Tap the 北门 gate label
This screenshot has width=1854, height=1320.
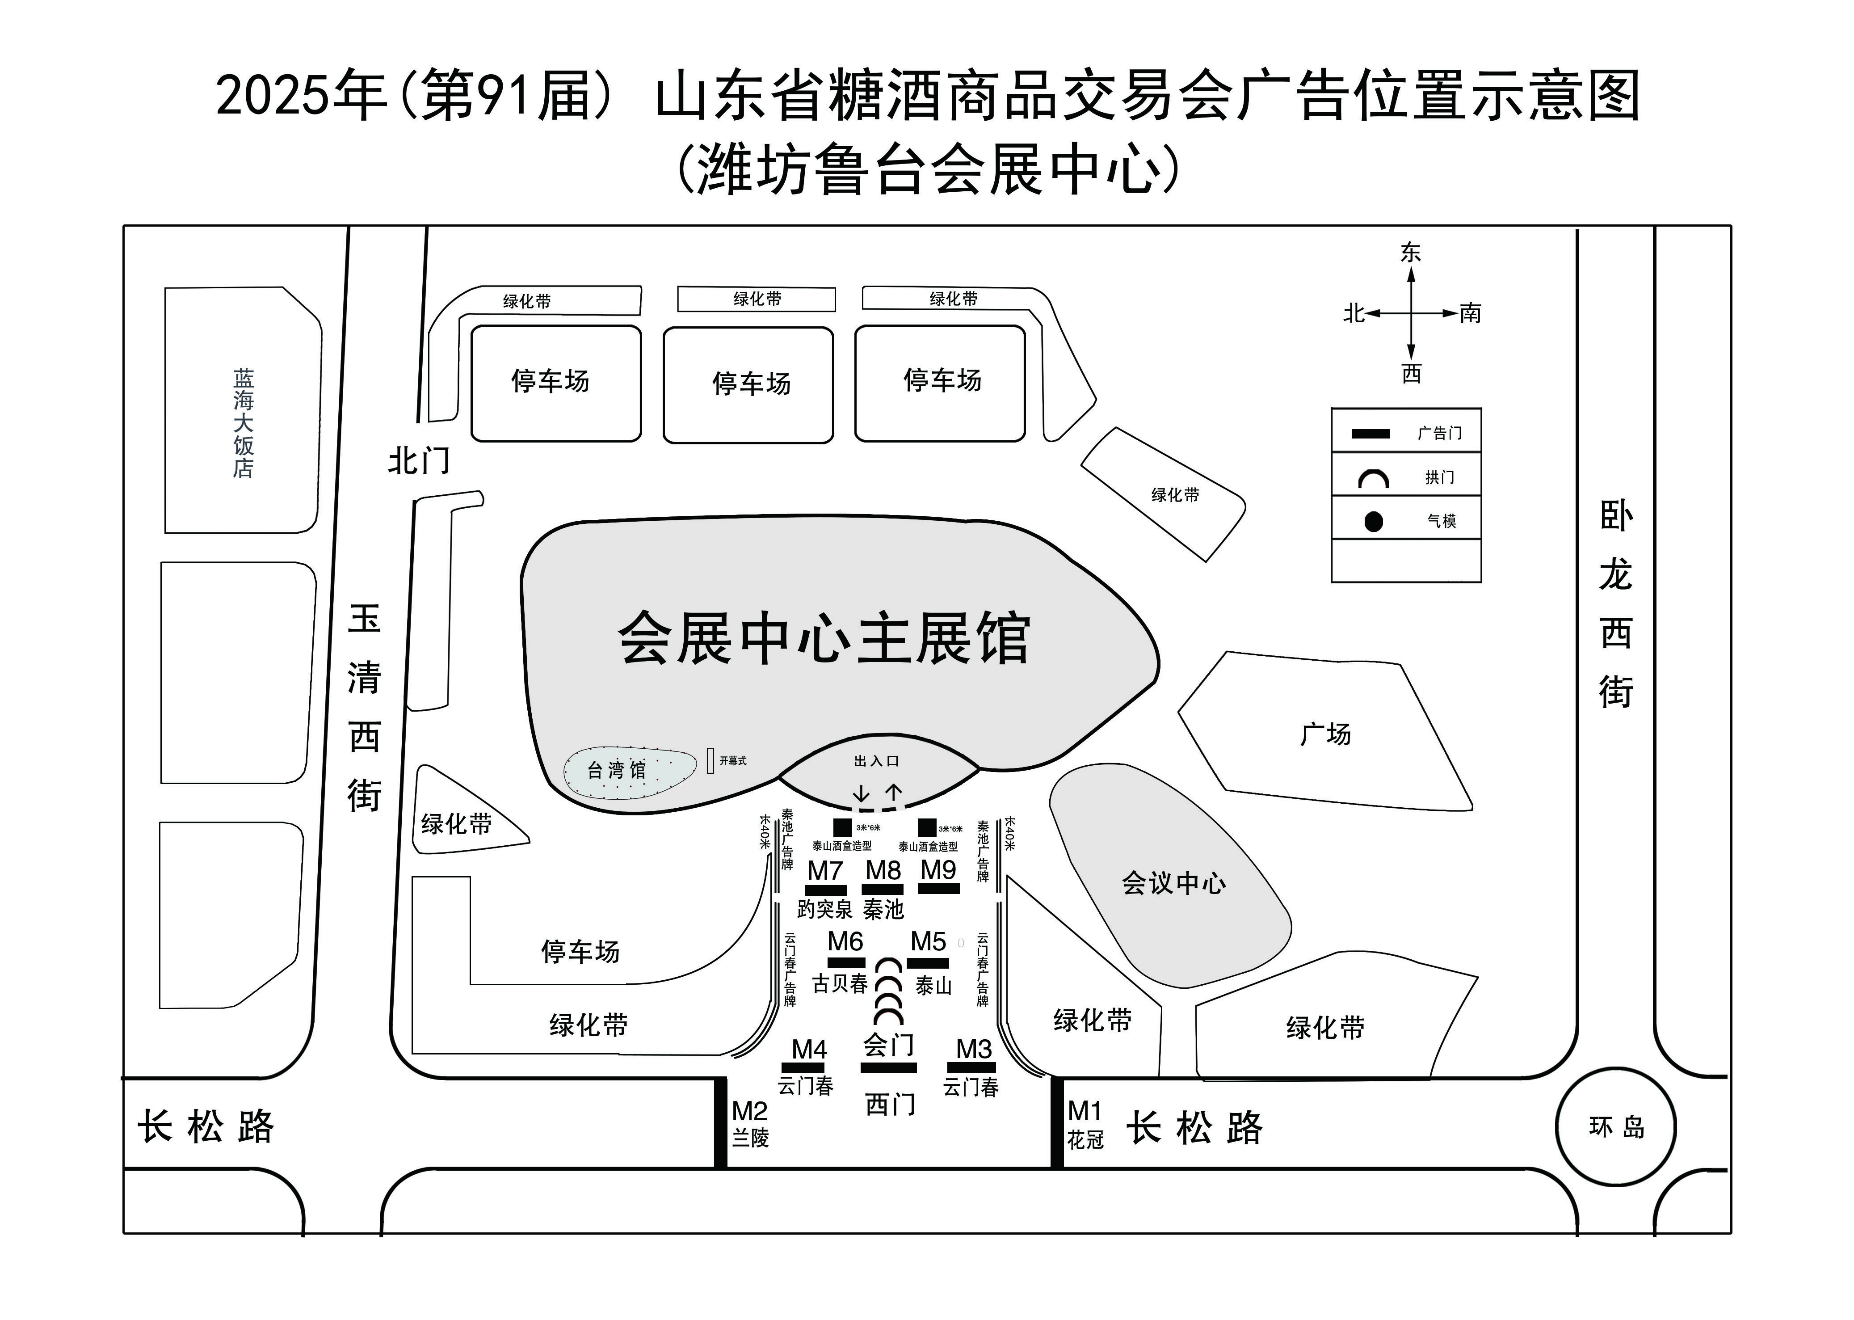click(418, 461)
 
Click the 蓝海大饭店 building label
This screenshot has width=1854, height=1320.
click(244, 423)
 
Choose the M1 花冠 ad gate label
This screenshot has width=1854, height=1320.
click(1085, 1124)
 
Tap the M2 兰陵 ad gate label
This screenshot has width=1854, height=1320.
click(750, 1124)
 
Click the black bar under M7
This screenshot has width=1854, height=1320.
click(825, 890)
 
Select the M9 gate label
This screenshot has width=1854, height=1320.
click(938, 870)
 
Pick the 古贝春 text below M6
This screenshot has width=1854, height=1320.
click(840, 983)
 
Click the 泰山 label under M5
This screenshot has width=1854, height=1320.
click(933, 985)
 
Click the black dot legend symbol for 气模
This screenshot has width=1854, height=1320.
click(1373, 521)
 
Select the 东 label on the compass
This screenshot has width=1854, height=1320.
click(1410, 253)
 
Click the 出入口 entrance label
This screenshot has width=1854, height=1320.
click(876, 761)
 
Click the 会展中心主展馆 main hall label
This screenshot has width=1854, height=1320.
click(824, 639)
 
